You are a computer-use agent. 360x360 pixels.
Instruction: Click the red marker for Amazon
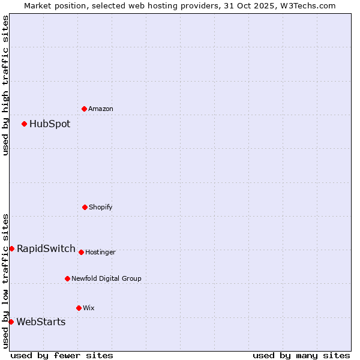[x=85, y=109]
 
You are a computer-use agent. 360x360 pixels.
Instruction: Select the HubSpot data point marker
[x=25, y=124]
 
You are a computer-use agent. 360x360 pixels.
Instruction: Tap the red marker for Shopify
[x=85, y=207]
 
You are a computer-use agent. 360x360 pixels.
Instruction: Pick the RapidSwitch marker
[x=11, y=248]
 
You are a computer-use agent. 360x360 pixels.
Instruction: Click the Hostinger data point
[x=81, y=252]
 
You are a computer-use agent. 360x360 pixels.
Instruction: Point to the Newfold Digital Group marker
[x=67, y=278]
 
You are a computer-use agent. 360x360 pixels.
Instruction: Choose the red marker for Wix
[x=79, y=308]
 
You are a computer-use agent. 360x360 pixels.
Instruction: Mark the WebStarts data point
[x=11, y=322]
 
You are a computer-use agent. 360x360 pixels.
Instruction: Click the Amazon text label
[x=101, y=109]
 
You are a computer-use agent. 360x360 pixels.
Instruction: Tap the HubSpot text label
[x=50, y=124]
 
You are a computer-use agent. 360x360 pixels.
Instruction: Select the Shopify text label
[x=101, y=207]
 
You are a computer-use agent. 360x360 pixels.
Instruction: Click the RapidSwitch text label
[x=46, y=249]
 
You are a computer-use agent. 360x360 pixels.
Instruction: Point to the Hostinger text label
[x=100, y=252]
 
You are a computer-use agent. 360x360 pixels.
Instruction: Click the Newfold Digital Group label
[x=107, y=278]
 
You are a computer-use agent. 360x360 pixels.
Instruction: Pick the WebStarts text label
[x=41, y=322]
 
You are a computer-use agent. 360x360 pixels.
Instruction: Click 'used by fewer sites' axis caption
[x=62, y=355]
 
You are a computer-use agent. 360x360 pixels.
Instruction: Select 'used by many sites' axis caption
[x=301, y=355]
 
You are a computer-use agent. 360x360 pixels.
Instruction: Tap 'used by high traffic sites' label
[x=5, y=85]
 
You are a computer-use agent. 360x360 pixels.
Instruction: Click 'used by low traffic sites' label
[x=5, y=280]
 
